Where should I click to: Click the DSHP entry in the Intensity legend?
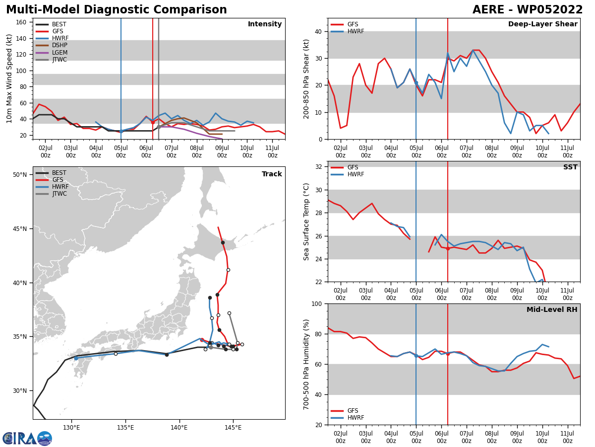tap(59, 45)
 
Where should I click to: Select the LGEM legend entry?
tap(59, 53)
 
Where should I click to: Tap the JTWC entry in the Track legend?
tap(59, 194)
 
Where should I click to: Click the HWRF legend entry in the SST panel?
tap(355, 174)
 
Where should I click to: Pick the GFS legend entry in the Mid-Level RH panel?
tap(353, 411)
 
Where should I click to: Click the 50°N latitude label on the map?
tap(20, 174)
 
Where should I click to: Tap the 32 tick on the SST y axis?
tap(319, 167)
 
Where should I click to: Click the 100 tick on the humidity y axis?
tap(317, 303)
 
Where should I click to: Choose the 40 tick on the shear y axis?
tap(318, 31)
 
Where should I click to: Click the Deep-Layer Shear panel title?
tap(542, 24)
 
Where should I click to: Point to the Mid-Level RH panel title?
tap(552, 310)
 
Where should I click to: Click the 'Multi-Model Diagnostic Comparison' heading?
tap(117, 10)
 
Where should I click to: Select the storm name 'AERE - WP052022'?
tap(528, 10)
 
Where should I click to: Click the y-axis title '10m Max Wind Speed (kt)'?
tap(9, 78)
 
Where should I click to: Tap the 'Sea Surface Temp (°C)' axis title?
tap(306, 222)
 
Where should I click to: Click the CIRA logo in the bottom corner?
tap(27, 439)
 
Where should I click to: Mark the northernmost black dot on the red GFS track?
tap(223, 242)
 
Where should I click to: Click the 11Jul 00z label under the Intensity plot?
tap(272, 151)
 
